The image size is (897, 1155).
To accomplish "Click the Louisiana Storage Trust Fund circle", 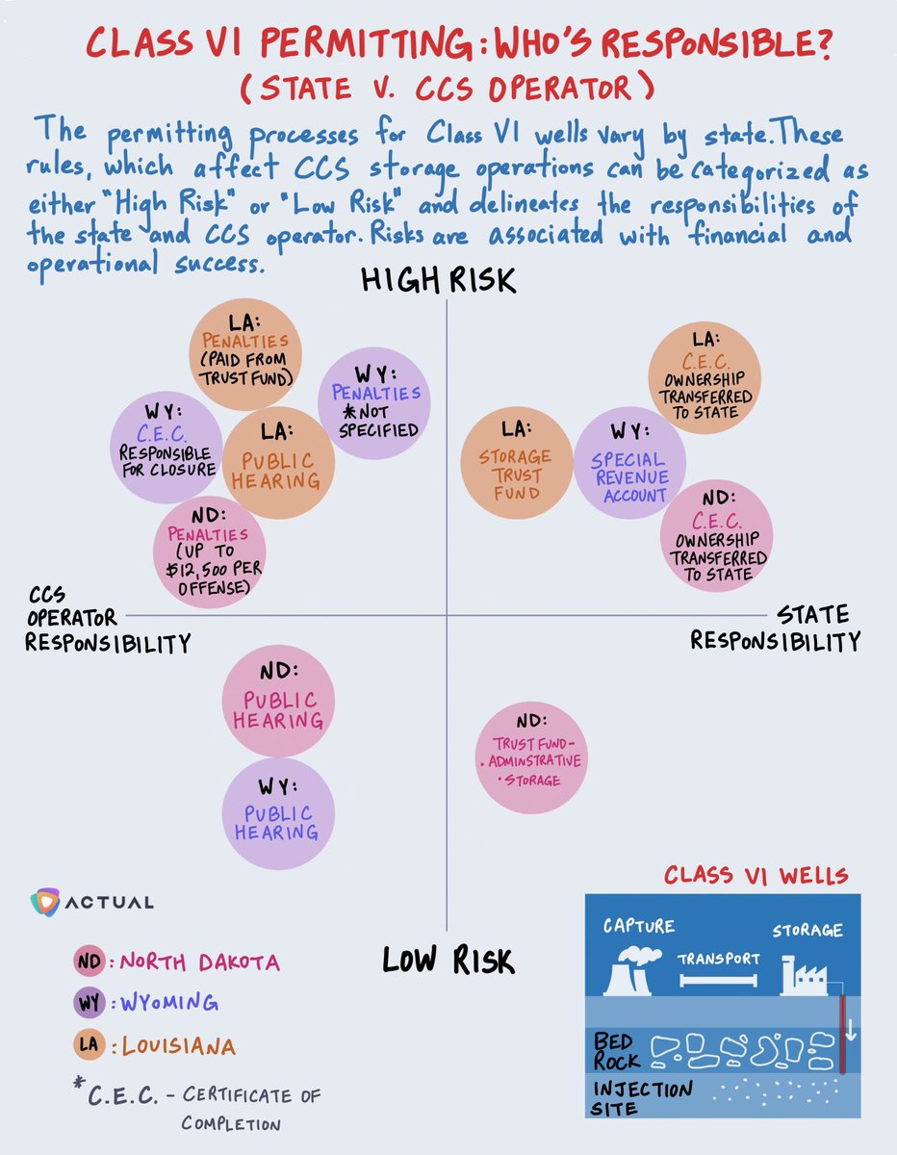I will pos(518,464).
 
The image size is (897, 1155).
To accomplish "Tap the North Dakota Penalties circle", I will pos(209,552).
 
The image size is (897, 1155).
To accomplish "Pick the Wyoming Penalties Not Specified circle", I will pos(373,401).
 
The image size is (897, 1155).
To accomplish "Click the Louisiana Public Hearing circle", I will pos(279,464).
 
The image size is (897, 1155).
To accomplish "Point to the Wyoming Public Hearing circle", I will pos(278,812).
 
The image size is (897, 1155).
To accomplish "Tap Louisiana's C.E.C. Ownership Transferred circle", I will pos(704,375).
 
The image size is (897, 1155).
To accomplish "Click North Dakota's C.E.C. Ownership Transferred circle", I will pos(717,535).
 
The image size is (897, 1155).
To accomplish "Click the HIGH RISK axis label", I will pos(438,280).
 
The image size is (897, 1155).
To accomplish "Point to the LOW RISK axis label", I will pos(448,960).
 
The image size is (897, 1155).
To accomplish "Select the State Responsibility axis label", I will pos(776,628).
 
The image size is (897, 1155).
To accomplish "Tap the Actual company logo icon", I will pos(45,903).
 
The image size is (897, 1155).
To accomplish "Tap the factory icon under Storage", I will pos(802,974).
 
